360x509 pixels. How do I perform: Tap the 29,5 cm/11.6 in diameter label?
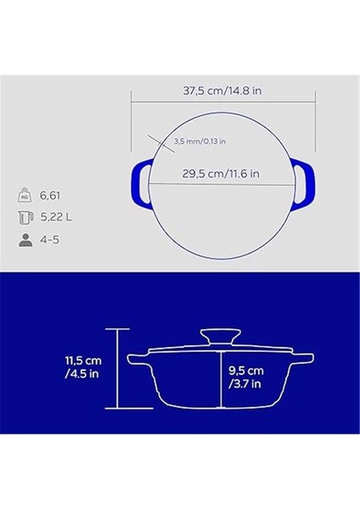(x=221, y=173)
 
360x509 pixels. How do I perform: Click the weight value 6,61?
(x=53, y=194)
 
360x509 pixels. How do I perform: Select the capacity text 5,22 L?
(x=58, y=217)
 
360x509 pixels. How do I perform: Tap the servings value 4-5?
(x=51, y=240)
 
